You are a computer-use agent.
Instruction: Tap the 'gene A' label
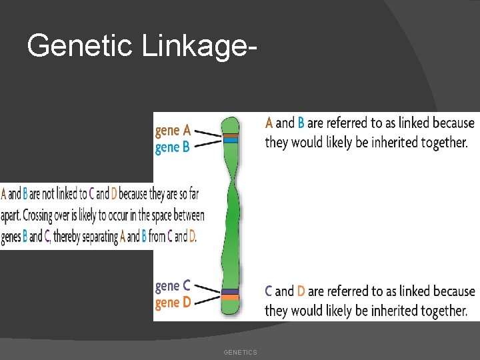pos(173,130)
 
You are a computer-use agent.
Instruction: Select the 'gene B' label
pos(173,147)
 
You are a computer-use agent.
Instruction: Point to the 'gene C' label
pos(173,286)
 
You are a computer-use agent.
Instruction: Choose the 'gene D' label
pos(173,302)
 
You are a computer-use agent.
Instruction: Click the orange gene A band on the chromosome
pos(231,135)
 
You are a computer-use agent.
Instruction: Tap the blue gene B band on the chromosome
pos(231,140)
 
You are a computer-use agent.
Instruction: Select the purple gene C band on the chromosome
pos(230,291)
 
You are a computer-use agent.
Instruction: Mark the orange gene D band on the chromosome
pos(230,297)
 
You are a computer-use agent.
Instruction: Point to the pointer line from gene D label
pos(209,299)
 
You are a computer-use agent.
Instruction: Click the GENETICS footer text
pos(240,352)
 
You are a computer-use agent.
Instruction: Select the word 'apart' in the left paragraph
pos(12,216)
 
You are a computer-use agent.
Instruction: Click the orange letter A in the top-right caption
pos(269,123)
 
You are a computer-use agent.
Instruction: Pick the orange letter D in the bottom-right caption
pos(301,291)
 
